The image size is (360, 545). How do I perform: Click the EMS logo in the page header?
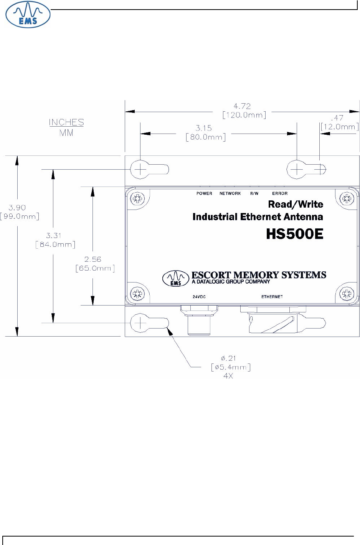tap(28, 15)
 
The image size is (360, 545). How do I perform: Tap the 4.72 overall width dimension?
tap(242, 106)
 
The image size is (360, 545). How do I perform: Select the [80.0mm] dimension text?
tap(205, 137)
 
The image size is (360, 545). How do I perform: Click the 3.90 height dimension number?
tap(17, 208)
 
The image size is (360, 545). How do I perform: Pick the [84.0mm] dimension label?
tap(55, 244)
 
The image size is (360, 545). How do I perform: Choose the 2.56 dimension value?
tap(93, 259)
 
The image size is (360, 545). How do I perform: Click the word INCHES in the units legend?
tap(66, 122)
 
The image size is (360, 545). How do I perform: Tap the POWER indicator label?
tap(204, 193)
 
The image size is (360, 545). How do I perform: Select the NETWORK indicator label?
tap(230, 193)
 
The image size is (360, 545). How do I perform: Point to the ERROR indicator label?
tap(280, 193)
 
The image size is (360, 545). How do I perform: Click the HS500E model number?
tap(295, 234)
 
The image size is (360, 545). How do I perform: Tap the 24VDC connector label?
tap(198, 297)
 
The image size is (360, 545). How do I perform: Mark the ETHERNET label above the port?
tap(272, 297)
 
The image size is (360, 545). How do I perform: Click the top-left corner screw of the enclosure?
tap(137, 198)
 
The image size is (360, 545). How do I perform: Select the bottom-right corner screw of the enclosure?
tap(347, 294)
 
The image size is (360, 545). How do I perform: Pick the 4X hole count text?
tap(228, 376)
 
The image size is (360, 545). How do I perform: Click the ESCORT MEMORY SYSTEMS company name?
tap(259, 275)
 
